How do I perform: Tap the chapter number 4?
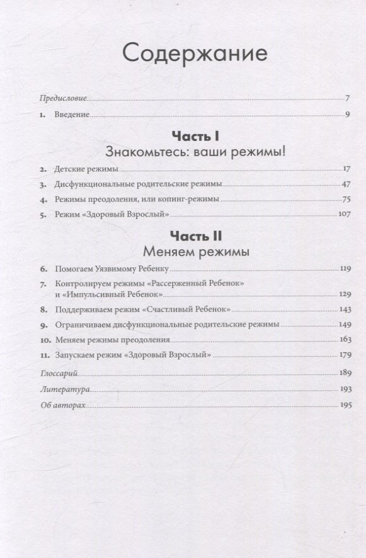(43, 200)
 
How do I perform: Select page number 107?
(343, 215)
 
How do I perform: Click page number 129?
(343, 293)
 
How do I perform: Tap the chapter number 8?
(43, 310)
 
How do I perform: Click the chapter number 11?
(43, 355)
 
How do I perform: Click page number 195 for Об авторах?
(343, 406)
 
